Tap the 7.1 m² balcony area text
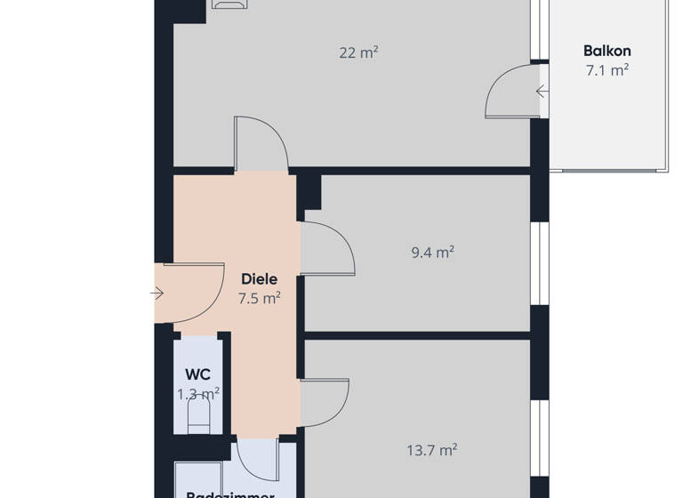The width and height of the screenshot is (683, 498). (x=607, y=69)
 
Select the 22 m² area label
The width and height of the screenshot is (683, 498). (x=358, y=52)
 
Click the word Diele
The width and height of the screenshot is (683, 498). (x=259, y=279)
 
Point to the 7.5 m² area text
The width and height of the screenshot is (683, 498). (x=259, y=298)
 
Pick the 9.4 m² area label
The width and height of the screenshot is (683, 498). (x=432, y=252)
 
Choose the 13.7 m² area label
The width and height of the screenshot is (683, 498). (x=432, y=450)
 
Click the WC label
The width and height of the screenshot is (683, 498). (x=197, y=374)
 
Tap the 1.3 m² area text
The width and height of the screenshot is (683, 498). (x=198, y=392)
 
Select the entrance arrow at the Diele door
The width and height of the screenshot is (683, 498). (x=157, y=293)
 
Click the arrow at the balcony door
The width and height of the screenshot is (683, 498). (x=542, y=91)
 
